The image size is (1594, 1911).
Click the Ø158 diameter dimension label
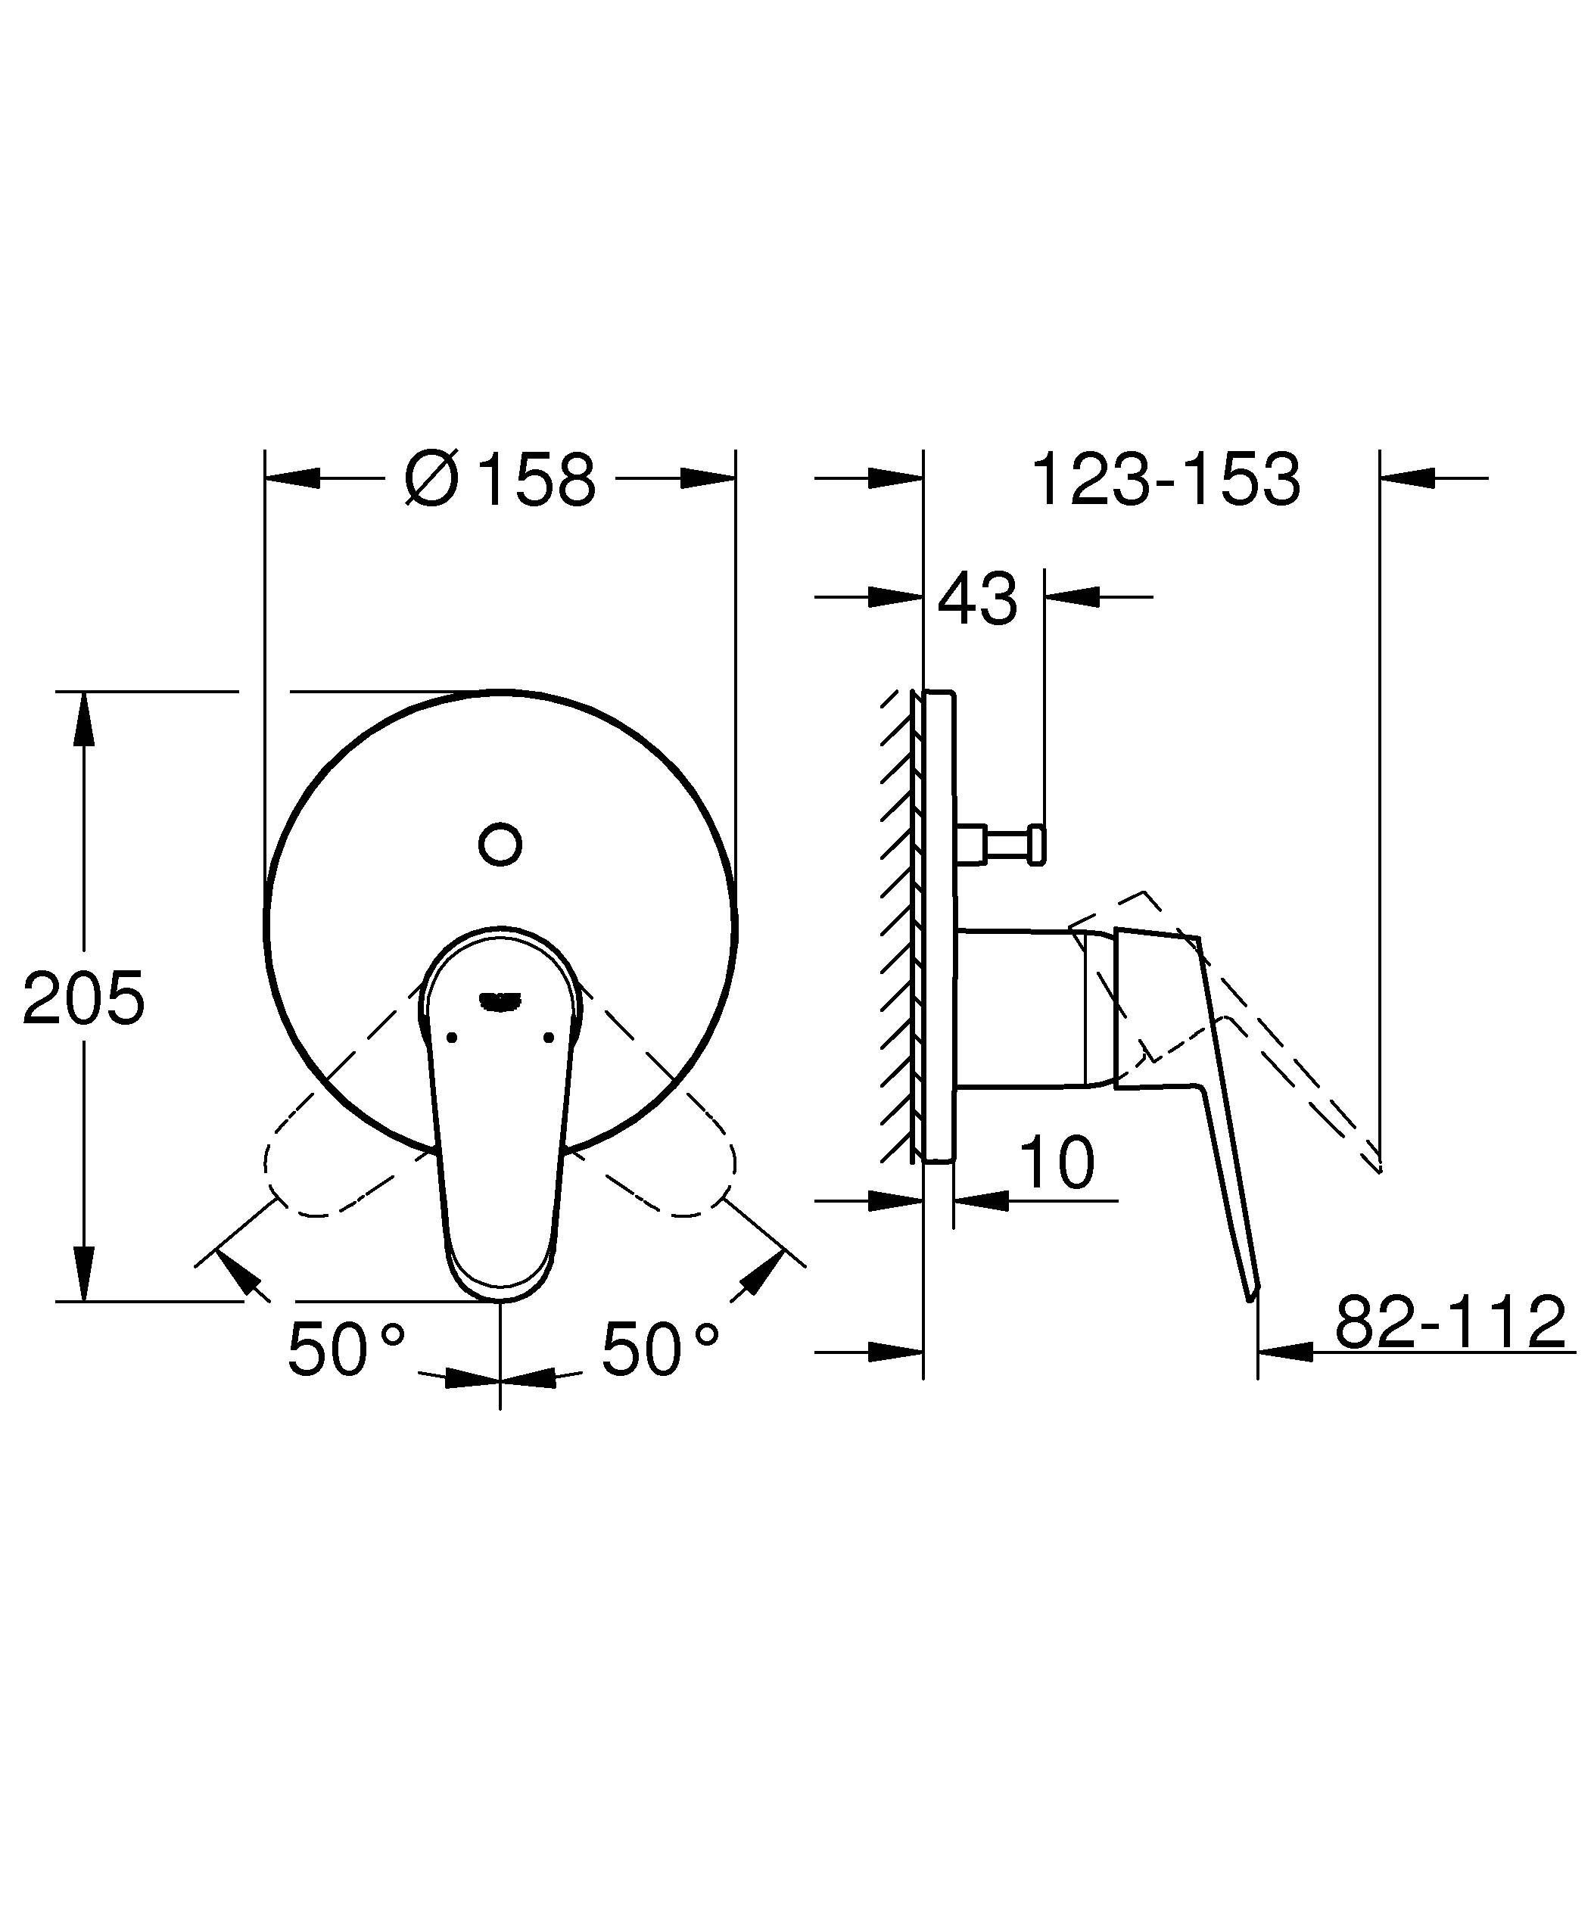[x=500, y=480]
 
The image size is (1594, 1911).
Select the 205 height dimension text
[x=84, y=998]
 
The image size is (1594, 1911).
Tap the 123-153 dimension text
[x=1166, y=480]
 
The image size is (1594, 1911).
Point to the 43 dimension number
[x=977, y=599]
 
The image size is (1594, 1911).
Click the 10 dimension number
[x=1057, y=1162]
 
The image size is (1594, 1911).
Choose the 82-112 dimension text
[x=1450, y=1322]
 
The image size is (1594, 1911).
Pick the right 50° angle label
[x=659, y=1348]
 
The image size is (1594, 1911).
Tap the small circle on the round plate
[x=500, y=844]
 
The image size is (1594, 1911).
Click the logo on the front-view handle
[x=500, y=1000]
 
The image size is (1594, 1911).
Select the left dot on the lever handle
[x=451, y=1037]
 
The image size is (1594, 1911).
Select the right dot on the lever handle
[x=548, y=1037]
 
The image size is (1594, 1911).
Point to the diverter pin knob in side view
[x=1035, y=844]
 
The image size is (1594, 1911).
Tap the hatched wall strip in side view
[x=897, y=928]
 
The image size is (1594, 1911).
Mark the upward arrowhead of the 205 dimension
[x=84, y=719]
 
